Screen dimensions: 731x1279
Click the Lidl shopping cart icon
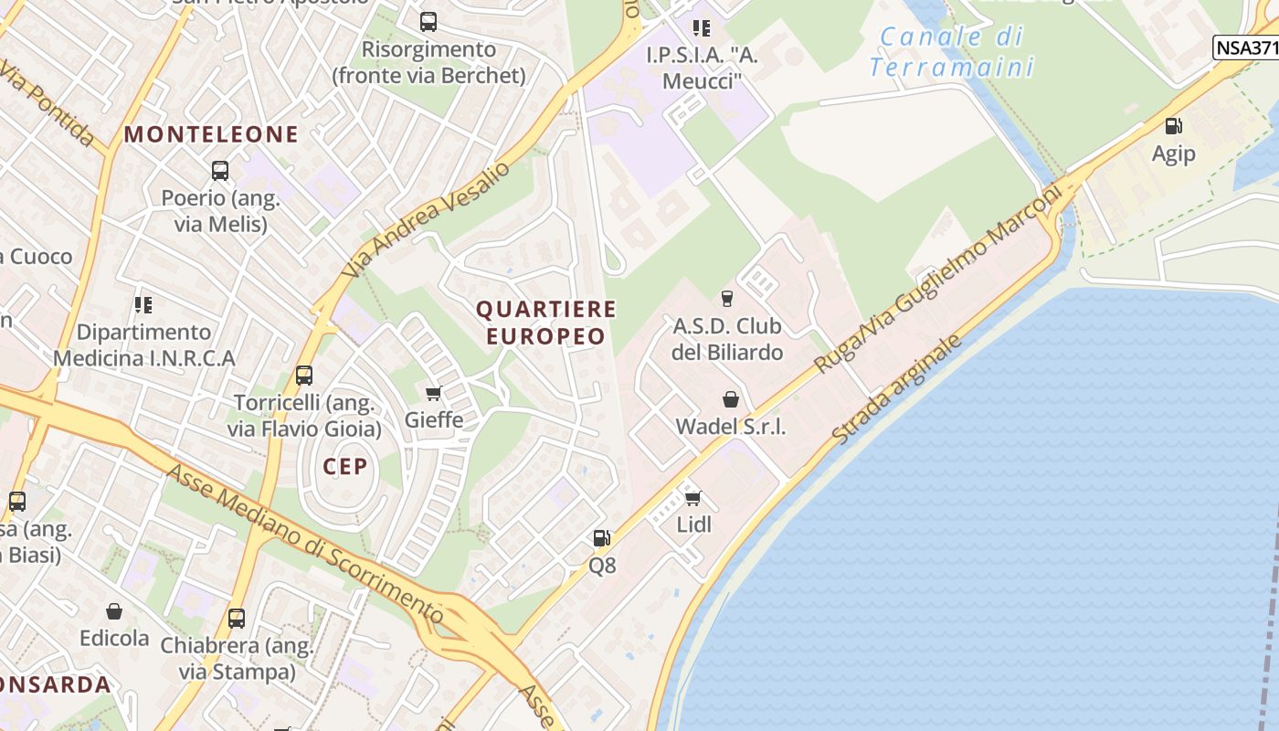[x=692, y=498]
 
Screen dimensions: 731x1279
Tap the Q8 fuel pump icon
[x=601, y=538]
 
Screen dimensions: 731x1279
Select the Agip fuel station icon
[x=1173, y=126]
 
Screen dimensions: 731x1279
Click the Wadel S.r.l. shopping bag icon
[x=730, y=399]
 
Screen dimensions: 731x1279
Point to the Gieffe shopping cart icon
[x=433, y=393]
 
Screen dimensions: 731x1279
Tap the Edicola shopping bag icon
[x=114, y=611]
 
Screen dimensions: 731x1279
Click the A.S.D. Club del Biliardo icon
[x=727, y=298]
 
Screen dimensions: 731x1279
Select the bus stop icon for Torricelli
[x=304, y=375]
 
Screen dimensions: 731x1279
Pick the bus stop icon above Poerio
[x=219, y=170]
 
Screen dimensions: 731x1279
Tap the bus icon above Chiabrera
[x=237, y=618]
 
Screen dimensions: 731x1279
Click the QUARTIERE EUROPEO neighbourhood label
[x=546, y=323]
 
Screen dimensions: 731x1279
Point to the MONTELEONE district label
[x=211, y=134]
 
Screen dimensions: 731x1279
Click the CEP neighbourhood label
[x=345, y=466]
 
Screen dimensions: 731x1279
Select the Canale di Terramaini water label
[x=951, y=51]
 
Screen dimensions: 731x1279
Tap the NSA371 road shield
[x=1246, y=48]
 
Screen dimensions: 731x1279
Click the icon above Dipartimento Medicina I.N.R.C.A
[x=143, y=304]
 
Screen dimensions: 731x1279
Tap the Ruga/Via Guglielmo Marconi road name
[x=936, y=279]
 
